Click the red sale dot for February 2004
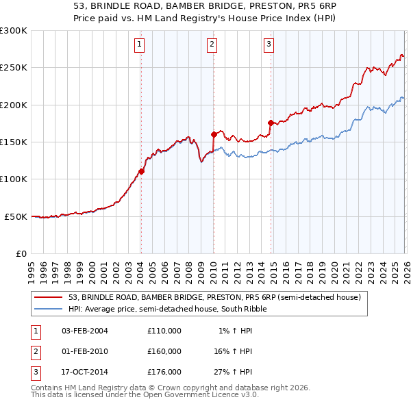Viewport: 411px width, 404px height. [141, 171]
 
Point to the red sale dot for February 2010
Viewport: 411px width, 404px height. [214, 134]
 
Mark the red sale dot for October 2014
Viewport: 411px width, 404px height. [271, 123]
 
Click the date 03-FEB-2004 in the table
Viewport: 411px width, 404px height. [85, 331]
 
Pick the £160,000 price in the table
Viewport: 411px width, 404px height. [164, 351]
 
